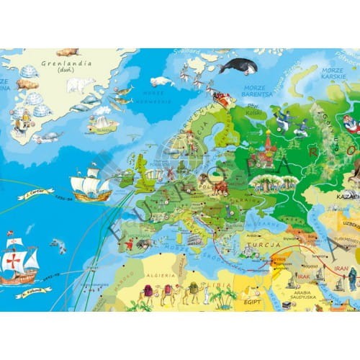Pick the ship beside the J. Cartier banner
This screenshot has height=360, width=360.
click(90, 183)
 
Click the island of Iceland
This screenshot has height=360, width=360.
click(102, 123)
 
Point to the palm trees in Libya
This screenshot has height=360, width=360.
click(223, 296)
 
